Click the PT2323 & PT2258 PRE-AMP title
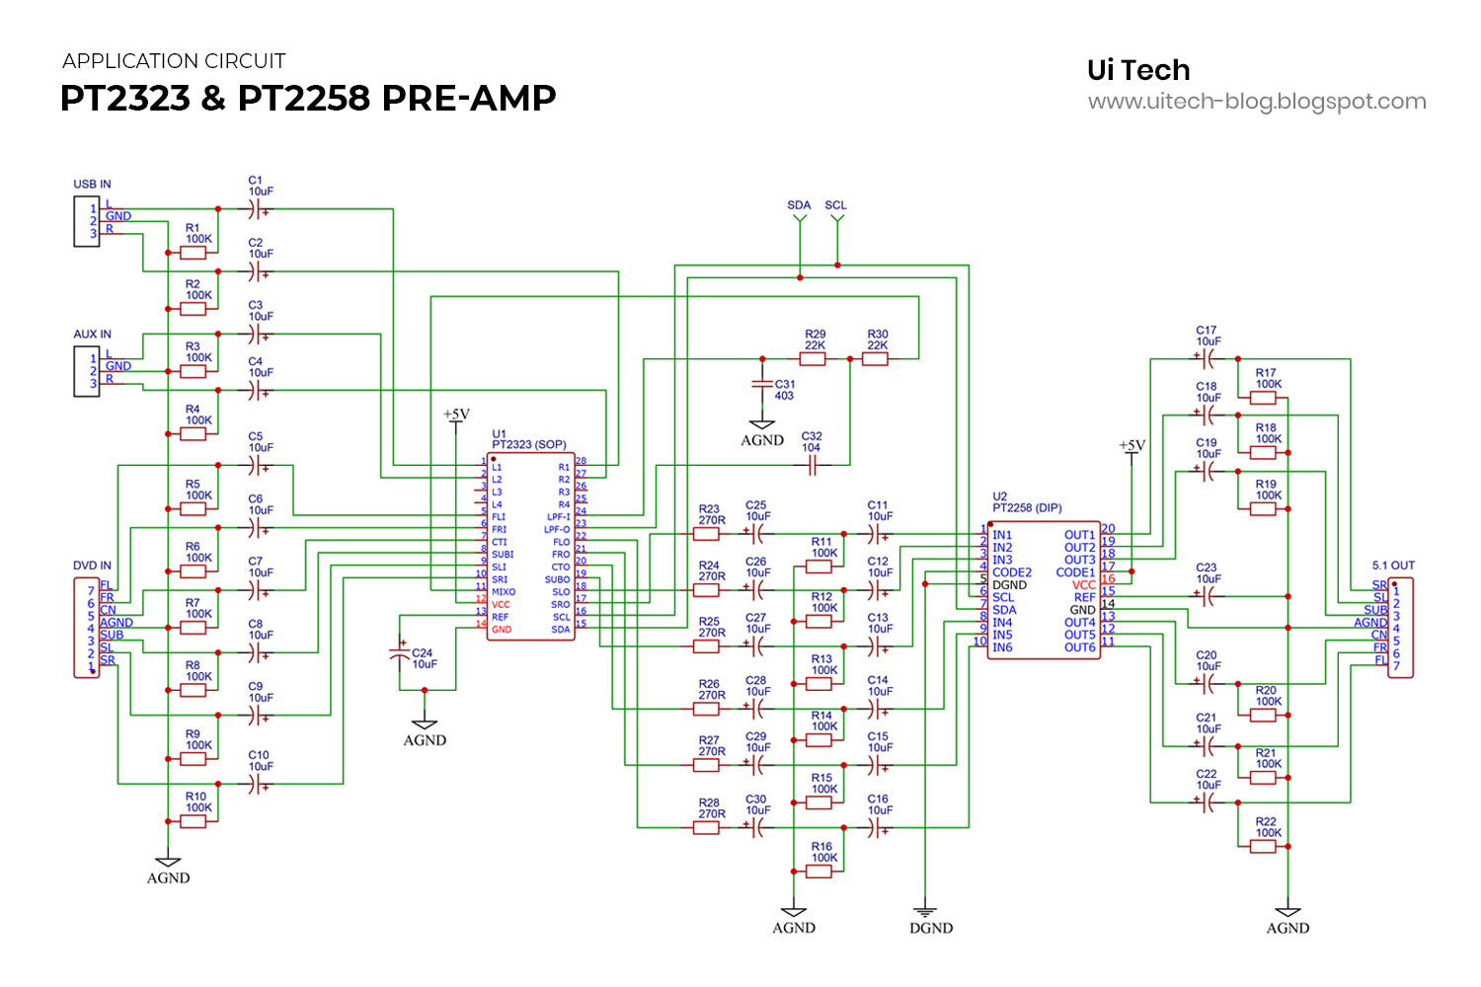[308, 98]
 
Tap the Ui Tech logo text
[1138, 70]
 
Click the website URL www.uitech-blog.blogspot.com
[1257, 102]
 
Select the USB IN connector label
[92, 185]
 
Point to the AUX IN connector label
[92, 335]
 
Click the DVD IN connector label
[92, 566]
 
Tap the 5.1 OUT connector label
[1393, 566]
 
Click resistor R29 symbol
[813, 359]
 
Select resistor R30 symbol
[875, 359]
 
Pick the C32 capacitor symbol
[812, 466]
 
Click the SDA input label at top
[799, 205]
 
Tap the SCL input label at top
[836, 205]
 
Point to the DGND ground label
[931, 928]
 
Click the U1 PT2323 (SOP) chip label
[528, 440]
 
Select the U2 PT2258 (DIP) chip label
[1027, 502]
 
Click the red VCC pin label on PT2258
[1083, 585]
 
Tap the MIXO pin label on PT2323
[504, 592]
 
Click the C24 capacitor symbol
[400, 652]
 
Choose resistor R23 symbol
[706, 534]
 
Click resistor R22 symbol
[1263, 846]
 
